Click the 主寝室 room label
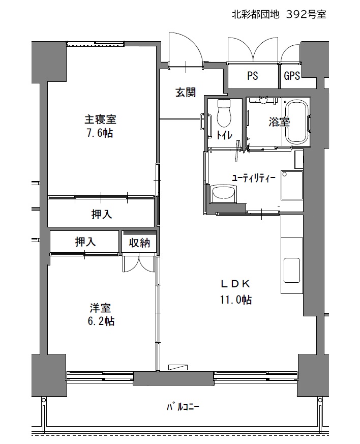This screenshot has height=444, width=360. pyautogui.click(x=101, y=119)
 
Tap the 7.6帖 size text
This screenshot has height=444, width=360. pyautogui.click(x=99, y=133)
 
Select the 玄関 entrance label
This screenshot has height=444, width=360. pyautogui.click(x=186, y=93)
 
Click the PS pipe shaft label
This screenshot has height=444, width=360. pyautogui.click(x=253, y=76)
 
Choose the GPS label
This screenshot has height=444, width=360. pyautogui.click(x=292, y=76)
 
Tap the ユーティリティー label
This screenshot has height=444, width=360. pyautogui.click(x=254, y=178)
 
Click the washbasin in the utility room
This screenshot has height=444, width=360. pyautogui.click(x=224, y=194)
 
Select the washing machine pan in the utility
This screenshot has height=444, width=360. pyautogui.click(x=292, y=185)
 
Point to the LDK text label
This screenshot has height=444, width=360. pyautogui.click(x=235, y=284)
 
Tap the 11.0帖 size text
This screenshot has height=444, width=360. pyautogui.click(x=236, y=300)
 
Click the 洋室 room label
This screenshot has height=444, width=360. pyautogui.click(x=101, y=308)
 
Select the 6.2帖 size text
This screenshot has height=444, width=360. pyautogui.click(x=101, y=321)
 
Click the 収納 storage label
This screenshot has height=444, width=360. pyautogui.click(x=139, y=243)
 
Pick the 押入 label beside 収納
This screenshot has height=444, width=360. pyautogui.click(x=85, y=242)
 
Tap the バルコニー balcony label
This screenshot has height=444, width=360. pyautogui.click(x=183, y=407)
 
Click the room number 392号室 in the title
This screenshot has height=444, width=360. pyautogui.click(x=306, y=14)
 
